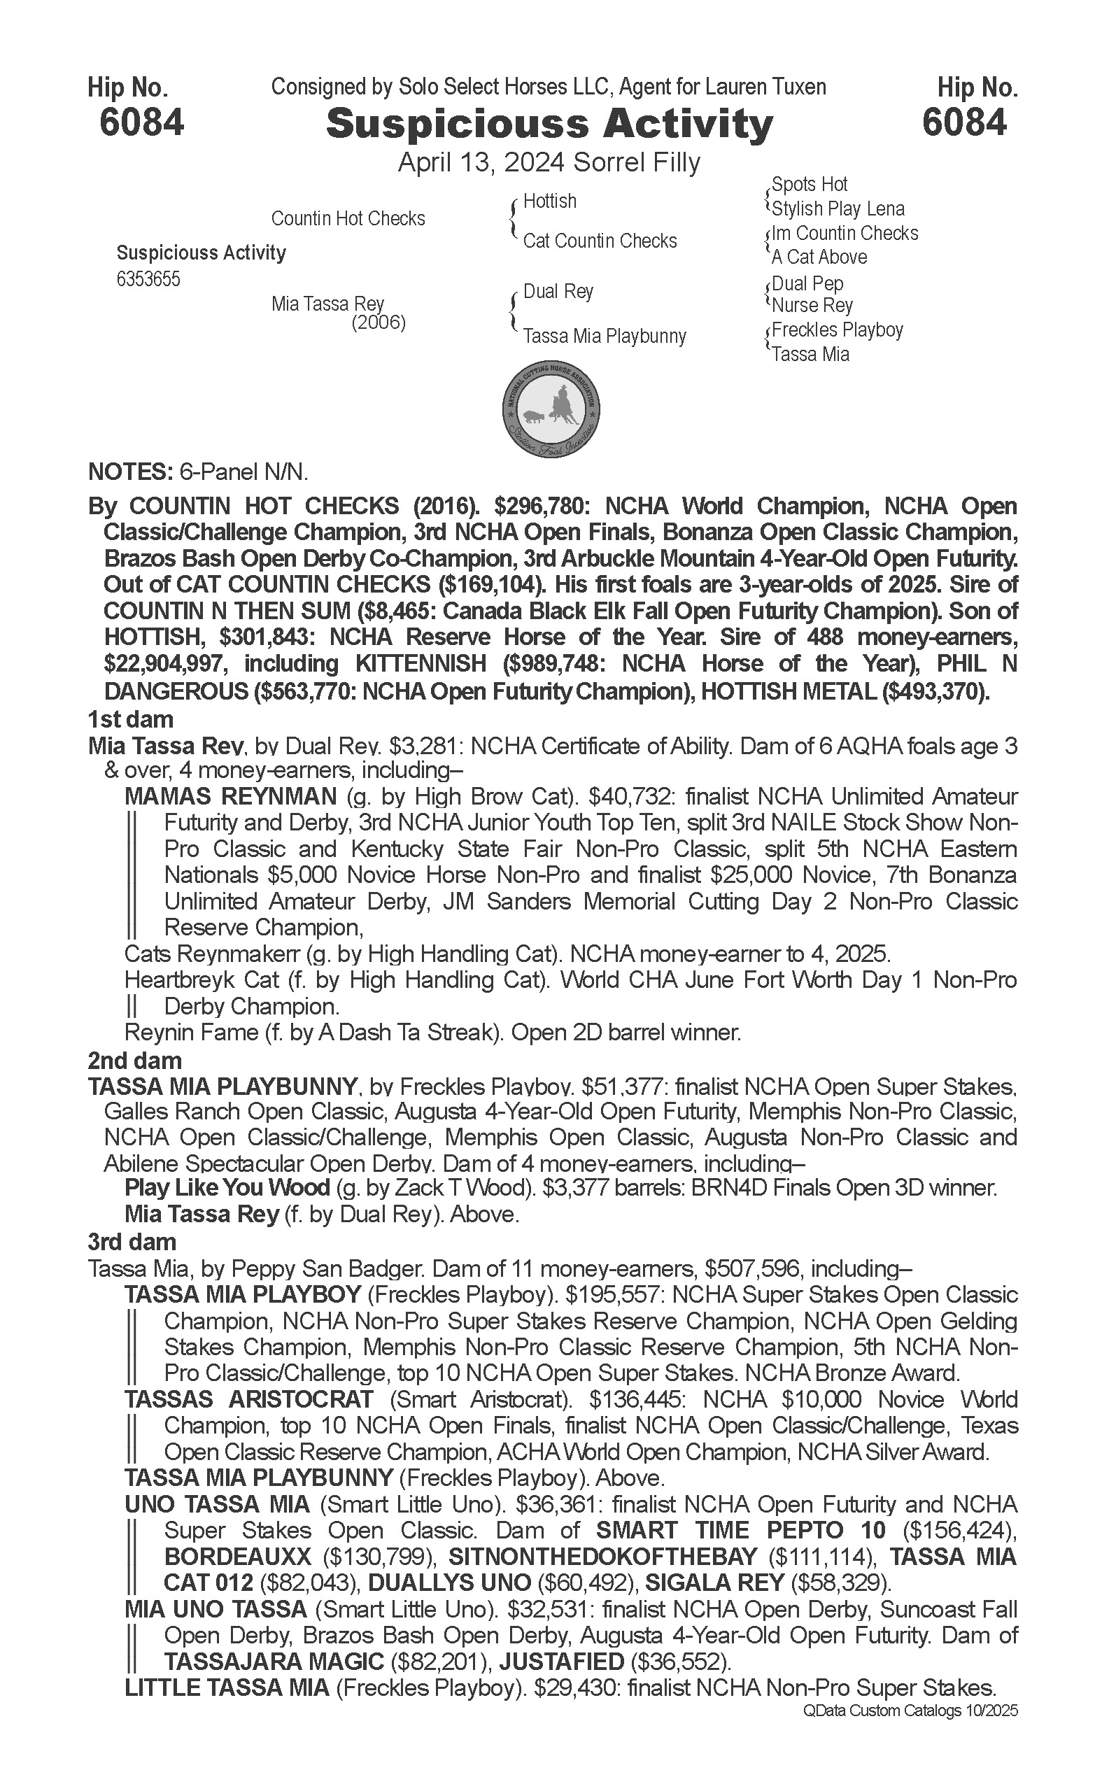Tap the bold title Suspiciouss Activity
549,123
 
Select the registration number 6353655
148,280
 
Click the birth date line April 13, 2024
548,162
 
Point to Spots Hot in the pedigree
809,185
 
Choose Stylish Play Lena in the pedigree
838,209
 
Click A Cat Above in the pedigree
819,257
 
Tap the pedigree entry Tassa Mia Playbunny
605,337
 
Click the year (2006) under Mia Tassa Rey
379,322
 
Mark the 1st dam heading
130,719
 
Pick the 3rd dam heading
132,1242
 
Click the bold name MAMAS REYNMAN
230,796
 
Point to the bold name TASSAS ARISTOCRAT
249,1399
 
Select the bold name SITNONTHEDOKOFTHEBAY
602,1557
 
